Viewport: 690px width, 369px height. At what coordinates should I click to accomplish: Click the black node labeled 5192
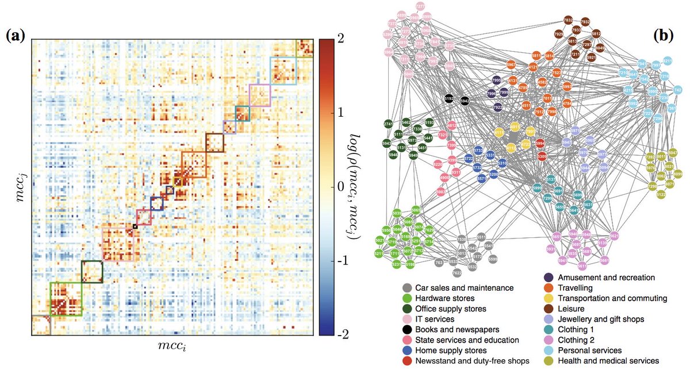tap(450, 99)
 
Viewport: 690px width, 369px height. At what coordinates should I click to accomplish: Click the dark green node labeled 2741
tap(389, 124)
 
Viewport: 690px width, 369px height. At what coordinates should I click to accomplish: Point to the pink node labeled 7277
tap(420, 6)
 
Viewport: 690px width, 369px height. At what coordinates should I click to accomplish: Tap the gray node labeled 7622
tap(457, 273)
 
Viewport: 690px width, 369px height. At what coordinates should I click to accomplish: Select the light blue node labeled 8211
tap(668, 60)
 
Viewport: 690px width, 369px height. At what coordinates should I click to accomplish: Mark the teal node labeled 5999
tap(537, 187)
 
